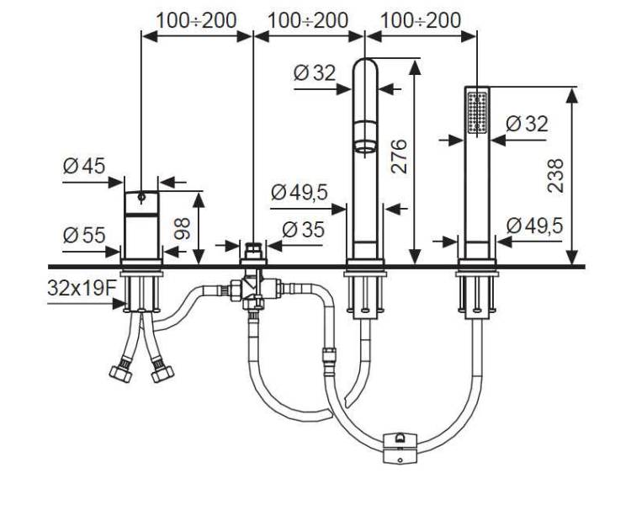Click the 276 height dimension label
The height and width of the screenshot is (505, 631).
pyautogui.click(x=399, y=157)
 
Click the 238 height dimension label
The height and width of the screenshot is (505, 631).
pyautogui.click(x=556, y=176)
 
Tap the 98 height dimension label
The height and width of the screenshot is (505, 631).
pyautogui.click(x=183, y=228)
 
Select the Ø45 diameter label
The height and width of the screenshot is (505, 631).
pyautogui.click(x=84, y=166)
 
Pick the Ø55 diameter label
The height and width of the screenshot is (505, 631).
pyautogui.click(x=84, y=235)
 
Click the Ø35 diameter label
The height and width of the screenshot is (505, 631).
pyautogui.click(x=303, y=230)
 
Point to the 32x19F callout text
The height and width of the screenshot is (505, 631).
pyautogui.click(x=82, y=288)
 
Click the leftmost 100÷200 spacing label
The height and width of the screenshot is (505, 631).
pyautogui.click(x=196, y=20)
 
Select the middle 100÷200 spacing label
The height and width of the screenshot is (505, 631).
pyautogui.click(x=308, y=20)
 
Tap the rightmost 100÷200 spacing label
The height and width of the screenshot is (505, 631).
pyautogui.click(x=420, y=20)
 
